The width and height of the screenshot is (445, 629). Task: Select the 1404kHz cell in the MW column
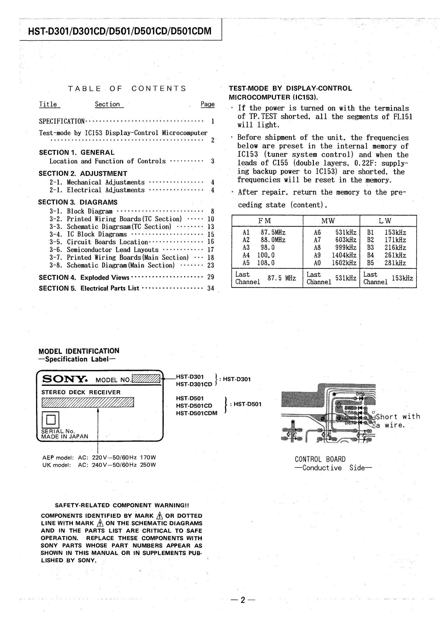(344, 255)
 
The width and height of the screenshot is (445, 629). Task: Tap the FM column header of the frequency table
(264, 221)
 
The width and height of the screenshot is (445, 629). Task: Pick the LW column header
(385, 221)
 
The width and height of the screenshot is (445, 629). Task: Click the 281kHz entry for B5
(395, 263)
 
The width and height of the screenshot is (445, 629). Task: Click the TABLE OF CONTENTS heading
(127, 89)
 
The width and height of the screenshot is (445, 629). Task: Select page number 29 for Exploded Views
(211, 277)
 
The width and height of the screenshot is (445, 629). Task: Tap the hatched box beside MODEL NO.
(146, 379)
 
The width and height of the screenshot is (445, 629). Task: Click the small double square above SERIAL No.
(50, 419)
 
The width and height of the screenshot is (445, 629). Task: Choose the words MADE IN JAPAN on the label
(65, 436)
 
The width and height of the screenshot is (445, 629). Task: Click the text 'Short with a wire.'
(397, 421)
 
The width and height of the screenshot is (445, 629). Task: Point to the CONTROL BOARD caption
(320, 459)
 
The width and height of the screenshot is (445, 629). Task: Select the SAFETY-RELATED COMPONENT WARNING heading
(122, 505)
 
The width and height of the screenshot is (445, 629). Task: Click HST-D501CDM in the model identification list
(197, 413)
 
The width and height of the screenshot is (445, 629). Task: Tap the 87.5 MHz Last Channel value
(281, 278)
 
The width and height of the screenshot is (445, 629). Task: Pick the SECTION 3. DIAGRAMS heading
(78, 202)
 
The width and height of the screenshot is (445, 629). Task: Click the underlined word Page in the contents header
(208, 104)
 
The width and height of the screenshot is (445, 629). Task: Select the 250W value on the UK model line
(148, 465)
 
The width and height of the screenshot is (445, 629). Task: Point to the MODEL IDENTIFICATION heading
(79, 351)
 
